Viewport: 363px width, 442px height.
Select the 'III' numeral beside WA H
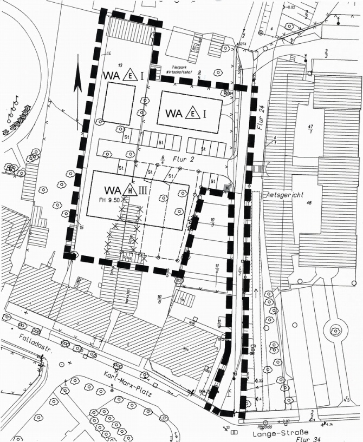[x=143, y=190]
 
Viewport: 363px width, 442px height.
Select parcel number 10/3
[x=212, y=222]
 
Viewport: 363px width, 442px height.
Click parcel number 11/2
[x=216, y=268]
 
